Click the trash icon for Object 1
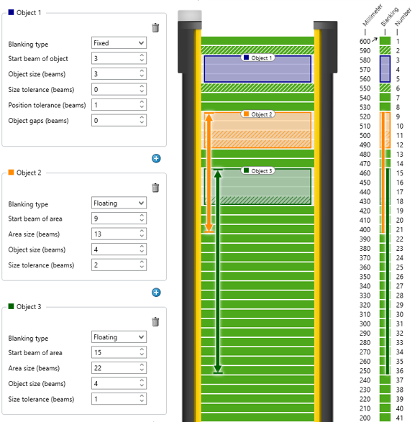coord(155,28)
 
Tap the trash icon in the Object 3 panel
coord(155,321)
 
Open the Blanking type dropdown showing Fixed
coord(119,43)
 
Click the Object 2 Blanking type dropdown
coord(119,203)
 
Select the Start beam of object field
coord(119,58)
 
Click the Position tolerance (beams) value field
coord(119,105)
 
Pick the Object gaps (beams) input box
coord(119,120)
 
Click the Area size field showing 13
coord(119,234)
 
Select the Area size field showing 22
coord(119,368)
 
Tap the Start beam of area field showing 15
coord(119,352)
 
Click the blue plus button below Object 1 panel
coord(156,158)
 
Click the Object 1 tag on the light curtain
coord(257,58)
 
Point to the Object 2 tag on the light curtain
coord(257,114)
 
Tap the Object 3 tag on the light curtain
coord(257,170)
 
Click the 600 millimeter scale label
coord(365,42)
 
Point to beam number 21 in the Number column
coord(399,229)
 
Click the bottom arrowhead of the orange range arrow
coord(209,228)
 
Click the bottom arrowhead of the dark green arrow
coord(218,369)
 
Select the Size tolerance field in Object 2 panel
coord(119,265)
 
